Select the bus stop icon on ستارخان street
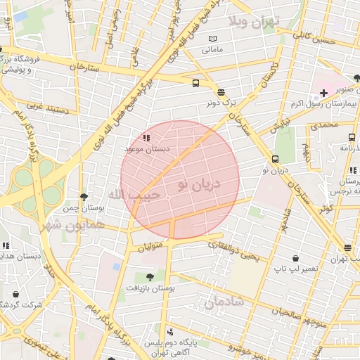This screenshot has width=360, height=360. click(x=195, y=82)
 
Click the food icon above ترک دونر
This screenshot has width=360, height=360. click(x=221, y=91)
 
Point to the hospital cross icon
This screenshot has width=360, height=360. click(x=323, y=93)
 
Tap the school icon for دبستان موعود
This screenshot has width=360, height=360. click(x=146, y=139)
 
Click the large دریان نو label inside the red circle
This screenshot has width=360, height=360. click(x=199, y=184)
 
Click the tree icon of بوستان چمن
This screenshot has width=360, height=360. click(x=84, y=198)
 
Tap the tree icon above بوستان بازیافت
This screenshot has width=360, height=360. click(x=148, y=276)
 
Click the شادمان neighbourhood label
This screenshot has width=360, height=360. click(x=225, y=302)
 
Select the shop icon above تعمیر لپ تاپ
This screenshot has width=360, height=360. click(x=295, y=259)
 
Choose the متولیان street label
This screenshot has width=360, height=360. click(x=150, y=247)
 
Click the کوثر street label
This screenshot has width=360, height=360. click(x=325, y=209)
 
